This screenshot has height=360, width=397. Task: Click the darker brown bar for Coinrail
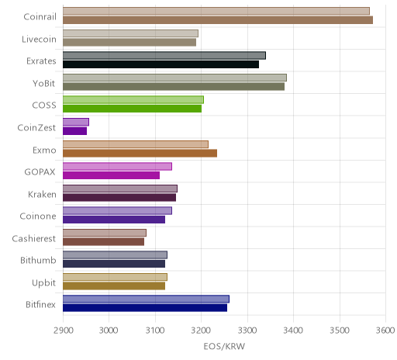[x=218, y=20]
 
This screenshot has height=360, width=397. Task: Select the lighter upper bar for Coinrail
[x=216, y=11]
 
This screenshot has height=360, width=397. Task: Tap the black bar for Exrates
[x=161, y=64]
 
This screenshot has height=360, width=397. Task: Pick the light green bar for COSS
[x=133, y=100]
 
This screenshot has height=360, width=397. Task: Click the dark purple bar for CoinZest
[x=74, y=131]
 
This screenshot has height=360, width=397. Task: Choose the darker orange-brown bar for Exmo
[x=140, y=153]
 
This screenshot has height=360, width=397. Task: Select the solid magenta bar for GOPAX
[x=111, y=175]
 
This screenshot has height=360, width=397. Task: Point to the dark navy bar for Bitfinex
[x=145, y=308]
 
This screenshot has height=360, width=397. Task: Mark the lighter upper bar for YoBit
[x=174, y=78]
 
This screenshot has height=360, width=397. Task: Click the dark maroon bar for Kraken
[x=119, y=197]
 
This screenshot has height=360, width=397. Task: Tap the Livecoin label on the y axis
[x=39, y=40]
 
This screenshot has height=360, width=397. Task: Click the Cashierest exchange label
[x=34, y=238]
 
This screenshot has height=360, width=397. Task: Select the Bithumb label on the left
[x=38, y=260]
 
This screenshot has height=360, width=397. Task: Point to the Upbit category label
[x=43, y=283]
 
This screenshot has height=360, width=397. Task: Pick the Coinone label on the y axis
[x=38, y=216]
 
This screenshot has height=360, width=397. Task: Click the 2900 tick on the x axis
[x=63, y=331]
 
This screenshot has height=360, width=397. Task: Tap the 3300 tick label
[x=247, y=331]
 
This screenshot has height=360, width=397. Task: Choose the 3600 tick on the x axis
[x=385, y=331]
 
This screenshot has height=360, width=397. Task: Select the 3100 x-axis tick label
[x=155, y=331]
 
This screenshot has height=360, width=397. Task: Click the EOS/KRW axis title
[x=224, y=346]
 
